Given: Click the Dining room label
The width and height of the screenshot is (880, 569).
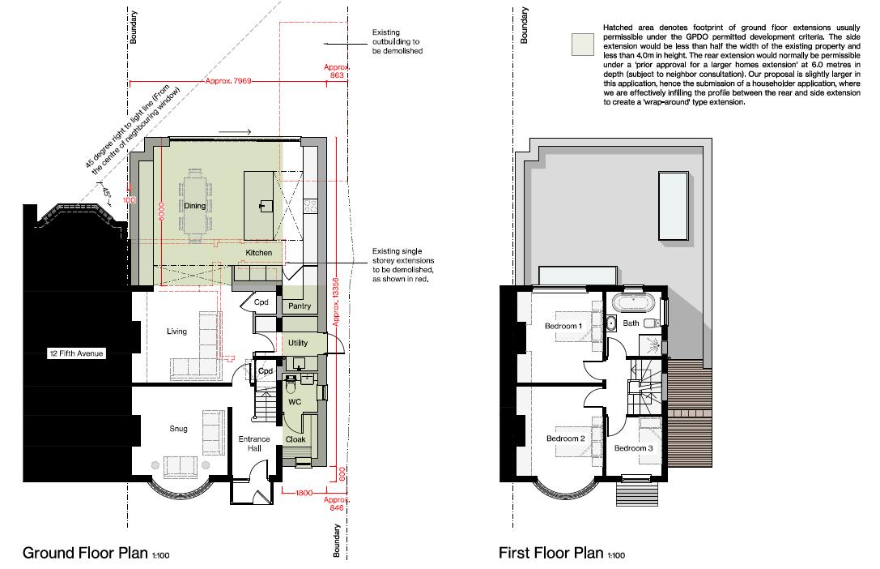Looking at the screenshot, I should pos(194,206).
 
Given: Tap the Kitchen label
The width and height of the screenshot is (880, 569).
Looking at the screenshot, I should pos(258,254).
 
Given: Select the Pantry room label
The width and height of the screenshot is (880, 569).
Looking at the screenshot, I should pos(299,306).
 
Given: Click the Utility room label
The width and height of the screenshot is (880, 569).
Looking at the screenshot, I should pos(297,344).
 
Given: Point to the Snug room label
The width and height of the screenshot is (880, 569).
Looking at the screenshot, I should pos(179,430).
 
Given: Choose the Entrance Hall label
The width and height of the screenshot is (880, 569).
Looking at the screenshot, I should pos(253,444).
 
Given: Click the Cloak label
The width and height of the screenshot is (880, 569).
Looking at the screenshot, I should pos(295,439).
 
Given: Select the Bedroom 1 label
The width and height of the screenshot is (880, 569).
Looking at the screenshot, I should pos(563,326).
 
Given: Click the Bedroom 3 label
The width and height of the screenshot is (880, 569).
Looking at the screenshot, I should pos(633,448).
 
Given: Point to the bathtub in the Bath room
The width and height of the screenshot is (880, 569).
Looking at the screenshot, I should pos(635,305).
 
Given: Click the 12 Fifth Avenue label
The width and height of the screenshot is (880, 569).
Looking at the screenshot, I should pos(75,353).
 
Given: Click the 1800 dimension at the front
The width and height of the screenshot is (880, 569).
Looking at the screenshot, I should pos(304,493).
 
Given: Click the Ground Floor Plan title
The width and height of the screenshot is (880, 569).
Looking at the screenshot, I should pos(85,554).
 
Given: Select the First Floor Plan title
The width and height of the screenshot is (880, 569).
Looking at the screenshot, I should pos(551,554).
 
